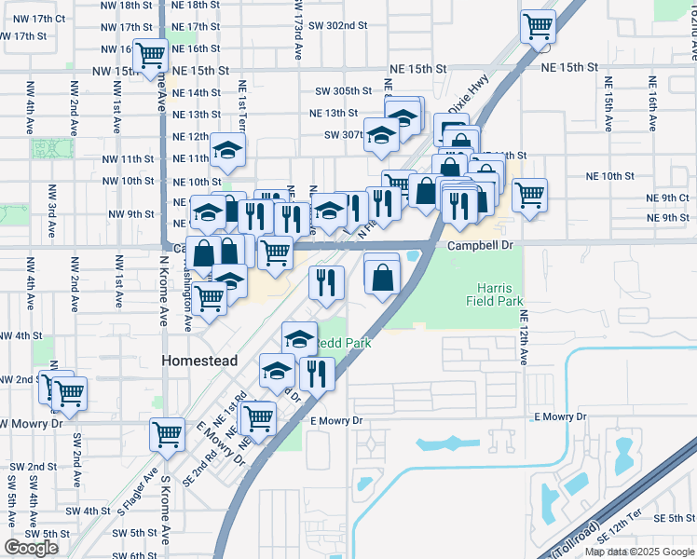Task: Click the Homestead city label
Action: pos(199,361)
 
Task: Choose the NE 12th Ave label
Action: pos(524,337)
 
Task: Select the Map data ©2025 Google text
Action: pos(639,552)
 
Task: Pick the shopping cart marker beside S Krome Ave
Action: pos(167,434)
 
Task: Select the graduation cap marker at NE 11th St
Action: pos(226,151)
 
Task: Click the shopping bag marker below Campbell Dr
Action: pos(383,277)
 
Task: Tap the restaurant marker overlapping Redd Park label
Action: pos(317,374)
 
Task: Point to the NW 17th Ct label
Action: pos(34,19)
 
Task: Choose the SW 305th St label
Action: pos(343,91)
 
